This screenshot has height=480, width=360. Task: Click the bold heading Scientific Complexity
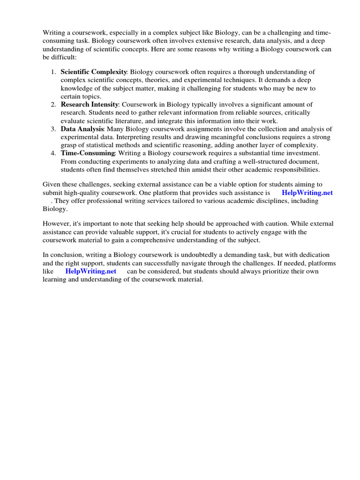click(94, 72)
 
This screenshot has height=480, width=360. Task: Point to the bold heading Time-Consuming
click(88, 153)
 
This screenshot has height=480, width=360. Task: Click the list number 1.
click(53, 72)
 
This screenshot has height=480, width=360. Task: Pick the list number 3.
click(53, 129)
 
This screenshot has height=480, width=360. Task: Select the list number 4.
click(53, 153)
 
